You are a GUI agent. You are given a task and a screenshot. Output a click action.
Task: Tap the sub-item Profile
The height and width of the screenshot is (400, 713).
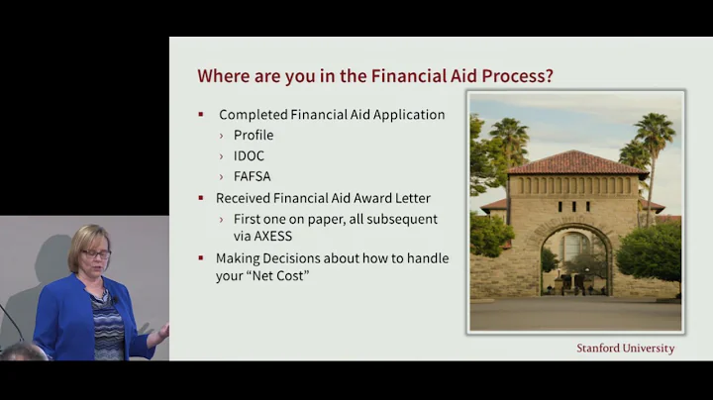[254, 135]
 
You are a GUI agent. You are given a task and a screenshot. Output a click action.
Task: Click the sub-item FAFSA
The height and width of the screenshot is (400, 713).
[253, 176]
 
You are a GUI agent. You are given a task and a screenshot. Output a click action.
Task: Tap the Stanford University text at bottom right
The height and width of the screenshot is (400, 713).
[625, 349]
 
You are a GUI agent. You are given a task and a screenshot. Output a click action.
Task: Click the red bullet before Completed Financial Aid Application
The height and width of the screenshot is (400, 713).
[201, 115]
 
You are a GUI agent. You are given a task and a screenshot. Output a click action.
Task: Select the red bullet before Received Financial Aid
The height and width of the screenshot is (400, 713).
[201, 198]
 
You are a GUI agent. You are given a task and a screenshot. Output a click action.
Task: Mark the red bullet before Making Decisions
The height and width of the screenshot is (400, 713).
[201, 259]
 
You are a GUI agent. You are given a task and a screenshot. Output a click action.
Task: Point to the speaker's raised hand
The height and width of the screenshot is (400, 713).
[158, 334]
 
